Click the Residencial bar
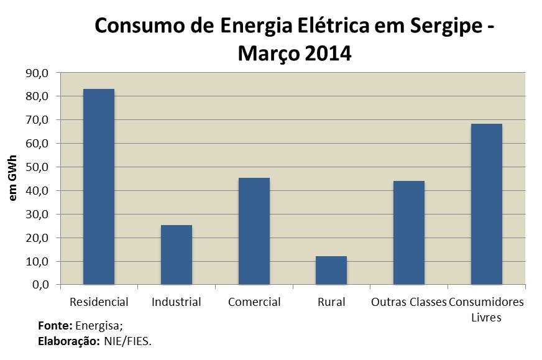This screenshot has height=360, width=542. [x=99, y=187]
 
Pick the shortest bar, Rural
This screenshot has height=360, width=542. [x=331, y=270]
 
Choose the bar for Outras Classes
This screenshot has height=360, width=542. [x=409, y=233]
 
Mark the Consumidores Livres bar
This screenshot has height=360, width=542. [x=486, y=204]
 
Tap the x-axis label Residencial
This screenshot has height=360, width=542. [x=99, y=303]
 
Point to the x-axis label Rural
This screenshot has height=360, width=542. [x=331, y=303]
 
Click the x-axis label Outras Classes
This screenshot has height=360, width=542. [x=408, y=303]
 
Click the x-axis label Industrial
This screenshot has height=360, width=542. [x=176, y=303]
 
